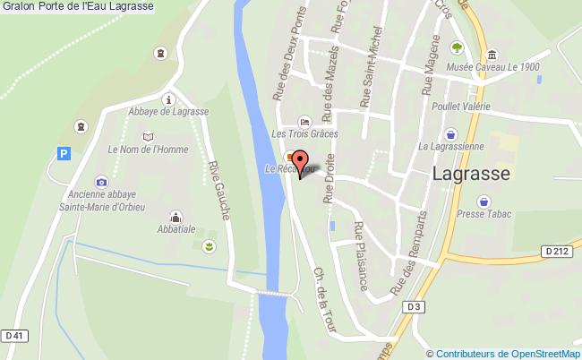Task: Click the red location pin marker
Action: point(301,162)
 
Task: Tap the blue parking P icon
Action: point(63,154)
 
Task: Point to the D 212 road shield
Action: point(556,252)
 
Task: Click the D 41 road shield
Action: point(13,336)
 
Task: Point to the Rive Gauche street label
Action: point(219,190)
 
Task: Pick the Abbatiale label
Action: point(175,228)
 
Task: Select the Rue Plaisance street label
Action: point(361,255)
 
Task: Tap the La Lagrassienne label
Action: point(450,145)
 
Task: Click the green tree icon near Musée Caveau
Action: point(457,47)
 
